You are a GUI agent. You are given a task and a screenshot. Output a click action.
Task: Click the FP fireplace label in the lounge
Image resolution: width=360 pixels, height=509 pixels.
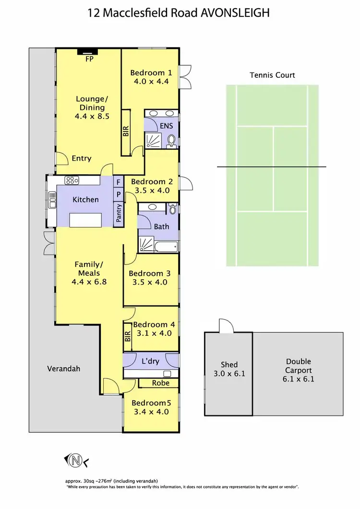[89, 59]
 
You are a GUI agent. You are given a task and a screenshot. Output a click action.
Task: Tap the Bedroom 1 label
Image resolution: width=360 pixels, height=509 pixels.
[151, 73]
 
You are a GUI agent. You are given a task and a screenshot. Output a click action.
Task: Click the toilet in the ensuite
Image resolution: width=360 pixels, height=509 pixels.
[171, 141]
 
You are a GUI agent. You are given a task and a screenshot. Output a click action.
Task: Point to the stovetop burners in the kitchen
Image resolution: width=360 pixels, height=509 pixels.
[72, 181]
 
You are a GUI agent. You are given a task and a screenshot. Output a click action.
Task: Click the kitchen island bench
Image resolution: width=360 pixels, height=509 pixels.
[86, 220]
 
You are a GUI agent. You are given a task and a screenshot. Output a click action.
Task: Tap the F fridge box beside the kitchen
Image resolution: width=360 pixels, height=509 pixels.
[118, 182]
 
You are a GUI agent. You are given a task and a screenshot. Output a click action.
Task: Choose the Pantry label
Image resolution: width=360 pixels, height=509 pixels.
[118, 213]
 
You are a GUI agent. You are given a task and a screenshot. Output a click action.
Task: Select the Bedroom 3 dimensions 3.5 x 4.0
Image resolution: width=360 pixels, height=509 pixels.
[150, 282]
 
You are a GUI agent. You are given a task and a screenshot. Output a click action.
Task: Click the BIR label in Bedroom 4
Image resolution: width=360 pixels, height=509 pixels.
[127, 336]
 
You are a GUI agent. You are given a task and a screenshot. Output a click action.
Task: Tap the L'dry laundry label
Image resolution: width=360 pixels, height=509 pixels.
[150, 361]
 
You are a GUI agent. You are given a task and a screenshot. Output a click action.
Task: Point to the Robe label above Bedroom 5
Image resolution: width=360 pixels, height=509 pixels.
[160, 383]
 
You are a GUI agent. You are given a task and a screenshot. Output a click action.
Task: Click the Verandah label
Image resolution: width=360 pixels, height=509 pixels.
[63, 369]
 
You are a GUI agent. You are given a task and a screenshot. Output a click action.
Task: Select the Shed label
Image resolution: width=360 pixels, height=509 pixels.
[229, 365]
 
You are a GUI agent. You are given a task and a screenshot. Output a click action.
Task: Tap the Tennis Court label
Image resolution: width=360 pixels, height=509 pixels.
[272, 75]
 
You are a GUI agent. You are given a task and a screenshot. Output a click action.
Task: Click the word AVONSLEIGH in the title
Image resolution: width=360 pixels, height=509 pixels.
[234, 13]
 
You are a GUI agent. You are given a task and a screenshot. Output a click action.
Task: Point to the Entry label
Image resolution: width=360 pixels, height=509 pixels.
[81, 158]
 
